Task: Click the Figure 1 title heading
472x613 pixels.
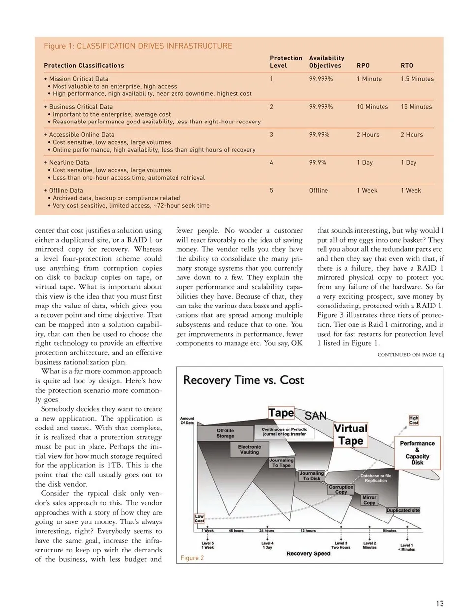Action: click(138, 46)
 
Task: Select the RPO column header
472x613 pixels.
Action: click(363, 65)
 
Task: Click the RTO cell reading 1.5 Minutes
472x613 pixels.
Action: click(417, 79)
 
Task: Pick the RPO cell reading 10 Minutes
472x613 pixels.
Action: click(372, 107)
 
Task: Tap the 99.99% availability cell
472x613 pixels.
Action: click(319, 135)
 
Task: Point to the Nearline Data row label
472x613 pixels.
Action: click(68, 163)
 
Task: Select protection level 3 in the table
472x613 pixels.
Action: click(271, 135)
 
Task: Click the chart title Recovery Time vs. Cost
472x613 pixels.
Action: click(243, 380)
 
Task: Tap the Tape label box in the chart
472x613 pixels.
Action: click(281, 413)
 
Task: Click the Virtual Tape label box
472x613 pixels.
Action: click(351, 434)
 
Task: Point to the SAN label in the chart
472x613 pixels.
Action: click(315, 416)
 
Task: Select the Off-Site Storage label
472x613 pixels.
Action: click(225, 433)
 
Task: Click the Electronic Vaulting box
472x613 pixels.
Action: click(249, 449)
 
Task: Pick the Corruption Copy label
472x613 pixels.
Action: click(341, 489)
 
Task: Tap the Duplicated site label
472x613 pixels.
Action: click(403, 510)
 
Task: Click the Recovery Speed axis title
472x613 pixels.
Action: click(308, 553)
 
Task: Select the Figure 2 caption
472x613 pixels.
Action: click(192, 558)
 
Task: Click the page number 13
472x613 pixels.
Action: click(439, 604)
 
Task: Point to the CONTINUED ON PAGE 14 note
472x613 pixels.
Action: click(411, 355)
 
